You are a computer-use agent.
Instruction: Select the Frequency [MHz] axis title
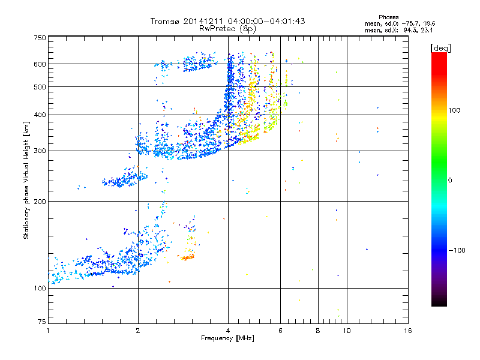pos(227,338)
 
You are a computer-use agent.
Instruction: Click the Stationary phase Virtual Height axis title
pos(26,180)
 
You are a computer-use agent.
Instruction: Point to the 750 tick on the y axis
pos(40,38)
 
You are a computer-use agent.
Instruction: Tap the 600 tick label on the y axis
pos(40,64)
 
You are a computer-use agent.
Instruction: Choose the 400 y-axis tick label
pos(40,115)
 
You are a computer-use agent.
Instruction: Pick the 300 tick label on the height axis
pos(40,151)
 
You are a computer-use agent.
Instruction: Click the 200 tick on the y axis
pos(40,202)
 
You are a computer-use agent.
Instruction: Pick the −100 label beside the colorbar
pos(460,250)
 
